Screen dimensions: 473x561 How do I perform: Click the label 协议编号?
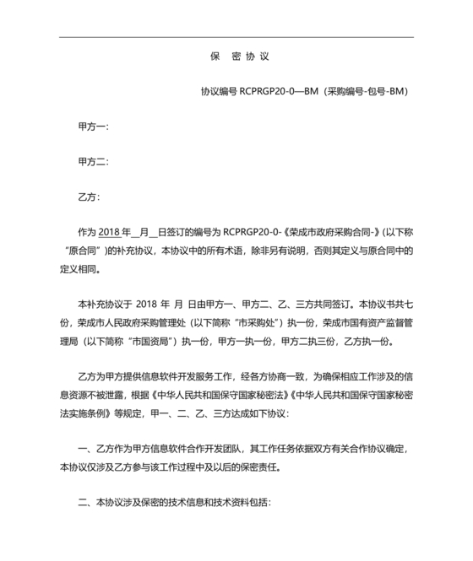pos(219,91)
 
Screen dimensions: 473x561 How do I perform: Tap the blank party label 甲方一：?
pos(93,127)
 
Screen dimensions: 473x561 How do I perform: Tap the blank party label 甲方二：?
pos(93,162)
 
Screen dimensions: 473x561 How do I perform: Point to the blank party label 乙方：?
pos(89,197)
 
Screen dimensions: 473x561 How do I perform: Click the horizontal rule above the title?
pos(237,37)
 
